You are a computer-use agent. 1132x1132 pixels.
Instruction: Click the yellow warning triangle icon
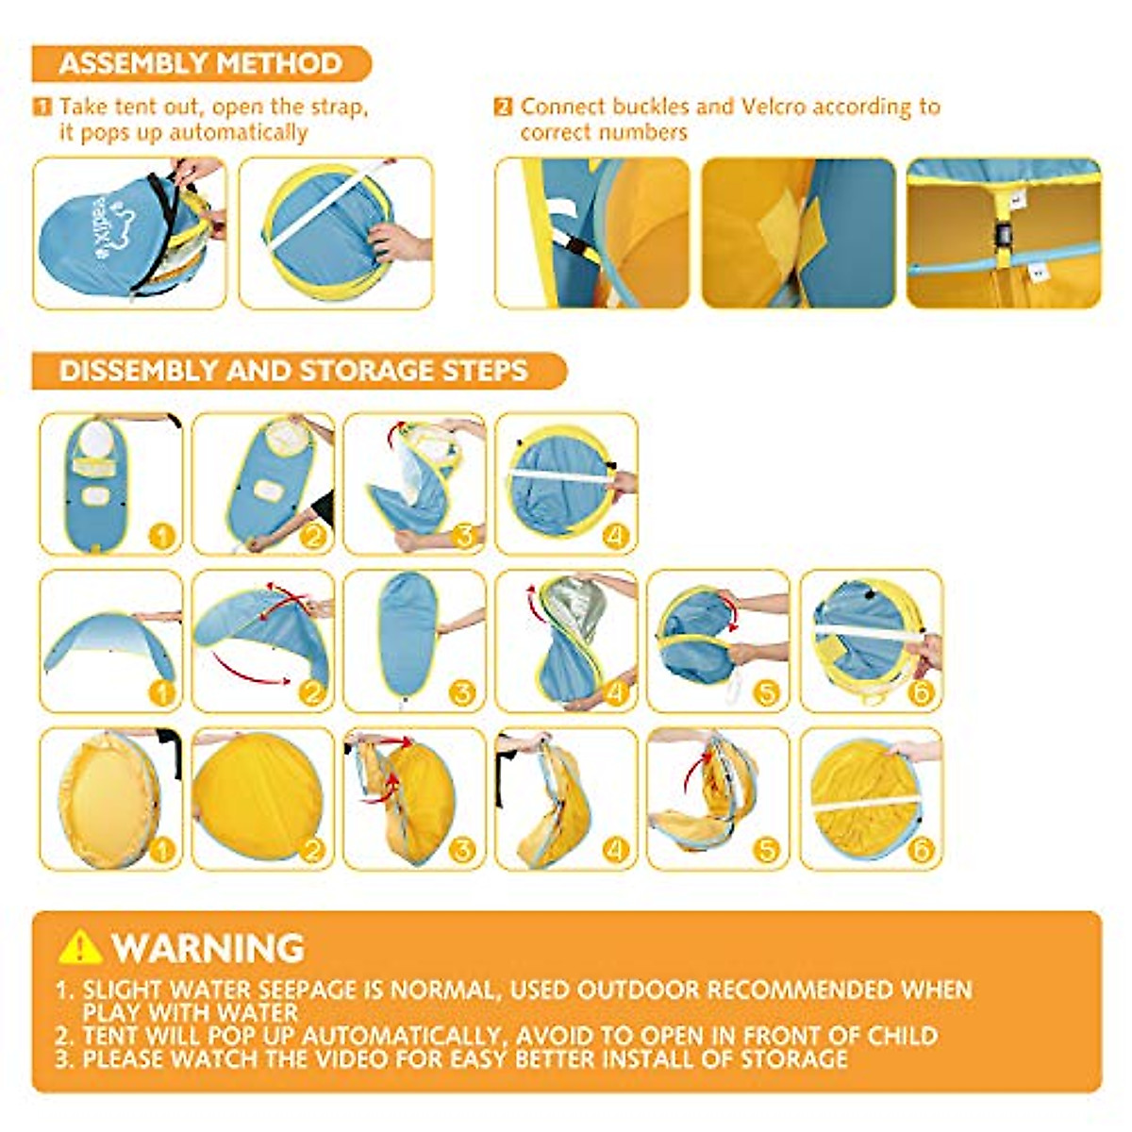(79, 946)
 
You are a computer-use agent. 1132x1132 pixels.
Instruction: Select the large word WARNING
(208, 947)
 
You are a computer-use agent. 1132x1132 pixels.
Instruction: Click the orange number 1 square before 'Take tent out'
(42, 107)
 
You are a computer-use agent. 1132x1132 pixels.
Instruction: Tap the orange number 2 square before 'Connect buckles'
(504, 107)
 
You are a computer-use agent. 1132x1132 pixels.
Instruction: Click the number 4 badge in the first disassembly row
(615, 537)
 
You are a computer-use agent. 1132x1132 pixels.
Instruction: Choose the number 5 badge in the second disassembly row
(767, 693)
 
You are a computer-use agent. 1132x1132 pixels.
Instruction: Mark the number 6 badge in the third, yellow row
(920, 850)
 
